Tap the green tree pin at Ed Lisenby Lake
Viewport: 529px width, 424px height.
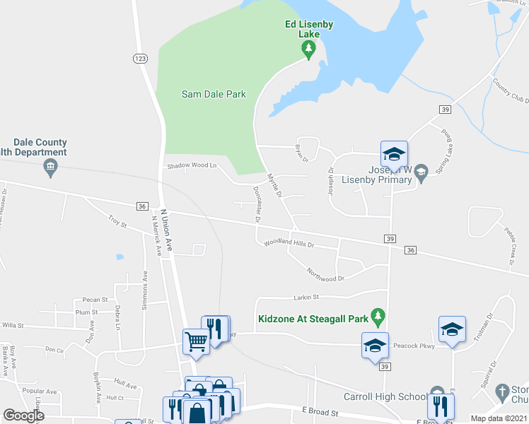(x=308, y=49)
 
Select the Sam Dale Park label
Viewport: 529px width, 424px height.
(x=214, y=94)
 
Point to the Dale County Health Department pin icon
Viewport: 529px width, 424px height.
(x=50, y=167)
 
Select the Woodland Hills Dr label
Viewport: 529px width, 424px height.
(x=289, y=243)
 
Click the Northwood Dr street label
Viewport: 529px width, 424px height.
(x=325, y=273)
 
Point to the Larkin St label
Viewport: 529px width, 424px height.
(x=307, y=298)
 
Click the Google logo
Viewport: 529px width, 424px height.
(x=23, y=416)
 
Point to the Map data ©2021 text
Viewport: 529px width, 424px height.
(x=499, y=418)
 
